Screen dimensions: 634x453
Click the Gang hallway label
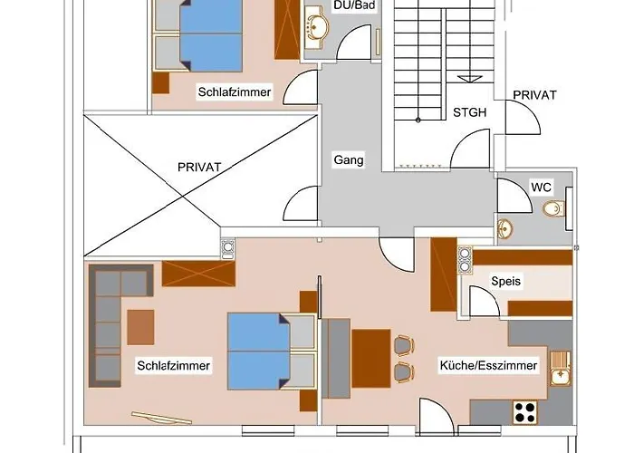point(349,160)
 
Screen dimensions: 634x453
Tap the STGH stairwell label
point(469,112)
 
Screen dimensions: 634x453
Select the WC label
point(541,188)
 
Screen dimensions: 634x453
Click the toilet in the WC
point(554,208)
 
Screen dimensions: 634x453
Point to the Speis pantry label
point(505,281)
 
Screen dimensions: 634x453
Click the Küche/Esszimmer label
point(488,366)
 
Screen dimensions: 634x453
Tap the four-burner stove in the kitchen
point(525,412)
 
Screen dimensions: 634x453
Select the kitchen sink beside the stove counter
point(561,368)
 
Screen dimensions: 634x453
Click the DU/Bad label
point(354,5)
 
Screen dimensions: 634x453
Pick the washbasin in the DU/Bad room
point(318,23)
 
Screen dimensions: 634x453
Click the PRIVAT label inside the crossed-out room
point(199,167)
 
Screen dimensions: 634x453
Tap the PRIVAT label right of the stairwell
point(534,95)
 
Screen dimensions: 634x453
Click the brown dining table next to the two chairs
point(370,359)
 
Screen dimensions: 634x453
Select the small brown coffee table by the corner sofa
point(140,327)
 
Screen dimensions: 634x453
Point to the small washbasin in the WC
point(505,229)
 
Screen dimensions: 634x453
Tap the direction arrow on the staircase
point(469,79)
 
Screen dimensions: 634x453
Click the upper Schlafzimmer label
point(235,92)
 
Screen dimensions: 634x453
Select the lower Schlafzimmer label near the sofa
point(174,366)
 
